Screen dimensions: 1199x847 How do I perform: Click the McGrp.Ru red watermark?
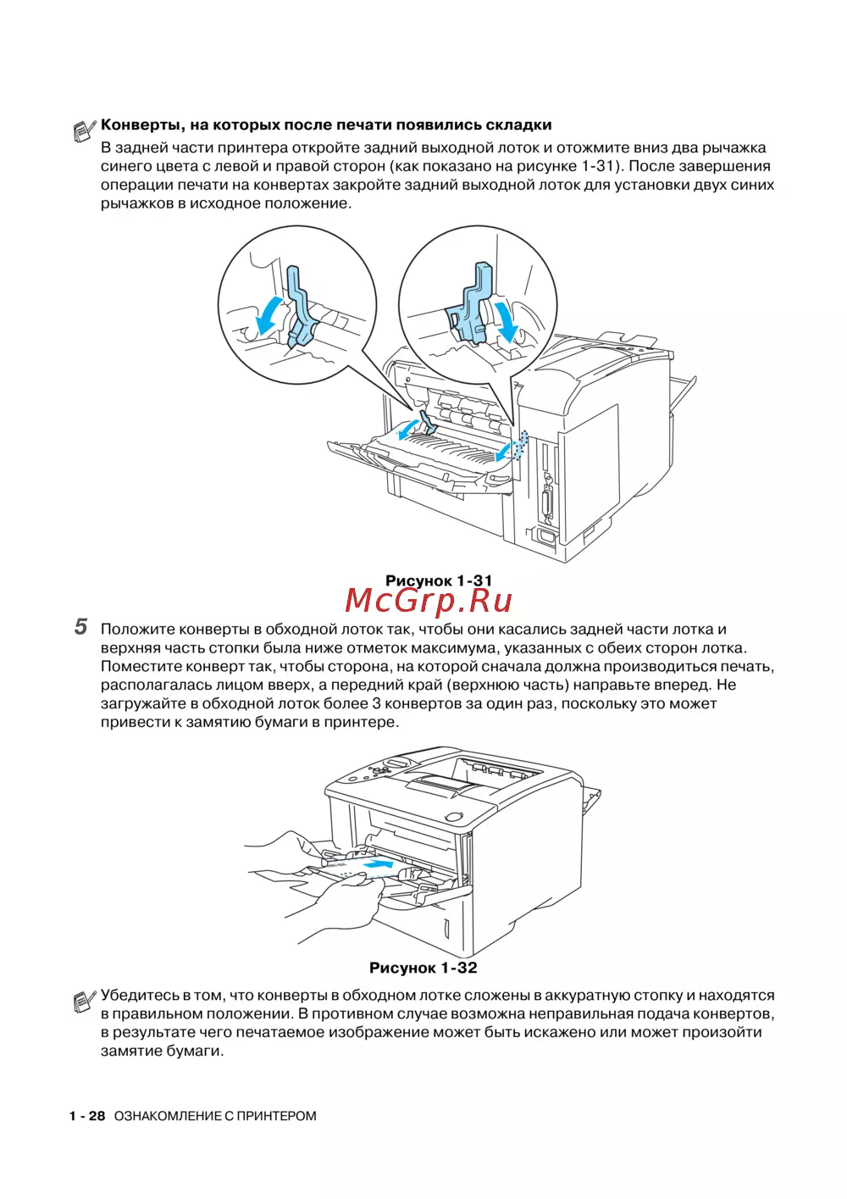point(429,601)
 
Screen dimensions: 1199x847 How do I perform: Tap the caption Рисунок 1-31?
point(438,580)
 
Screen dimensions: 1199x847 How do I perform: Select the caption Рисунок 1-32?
point(423,968)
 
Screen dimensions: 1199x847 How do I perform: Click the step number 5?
point(80,627)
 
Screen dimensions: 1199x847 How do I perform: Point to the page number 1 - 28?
point(87,1116)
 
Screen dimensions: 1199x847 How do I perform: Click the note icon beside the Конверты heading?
point(84,130)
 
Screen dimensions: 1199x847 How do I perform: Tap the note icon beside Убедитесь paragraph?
point(84,1002)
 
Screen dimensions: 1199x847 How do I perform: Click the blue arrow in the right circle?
point(507,319)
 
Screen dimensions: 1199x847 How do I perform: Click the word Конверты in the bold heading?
point(142,125)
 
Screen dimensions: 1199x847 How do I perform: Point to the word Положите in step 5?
point(138,630)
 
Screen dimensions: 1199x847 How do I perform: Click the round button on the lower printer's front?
point(453,817)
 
